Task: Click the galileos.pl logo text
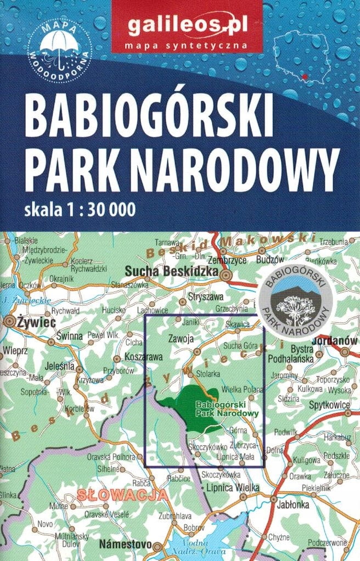pyautogui.click(x=186, y=24)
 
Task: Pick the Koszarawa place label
pyautogui.click(x=144, y=357)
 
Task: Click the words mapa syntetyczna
pyautogui.click(x=186, y=44)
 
